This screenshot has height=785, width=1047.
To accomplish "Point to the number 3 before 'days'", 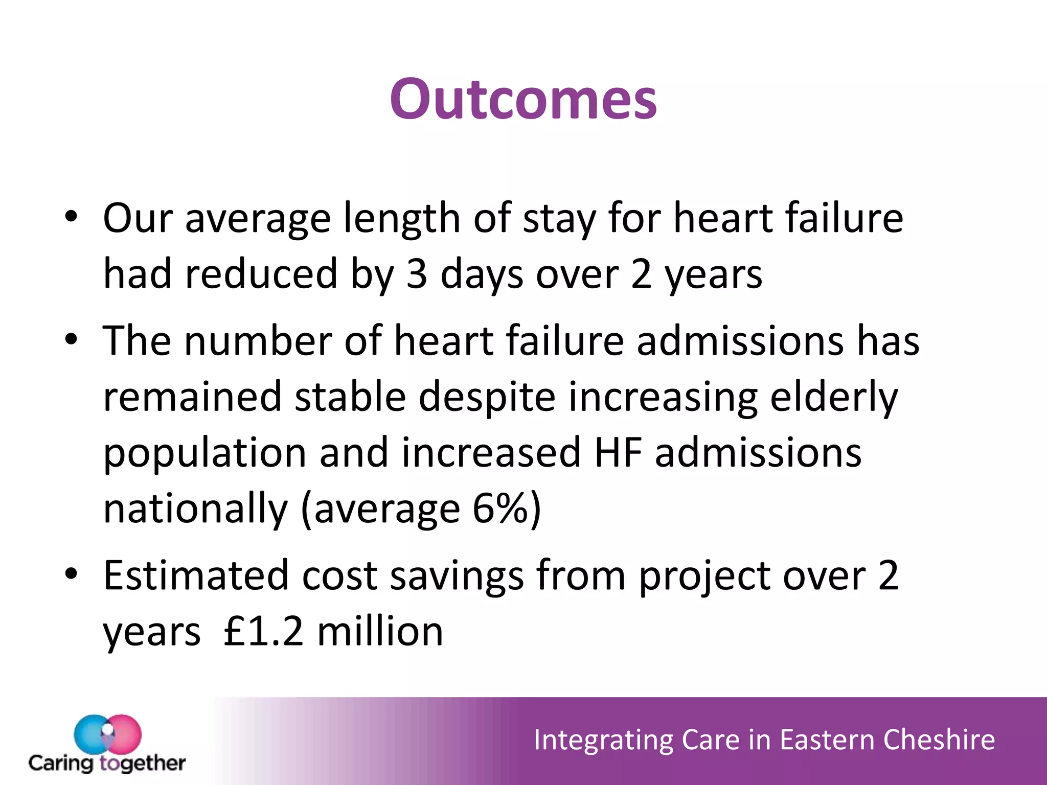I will (417, 274).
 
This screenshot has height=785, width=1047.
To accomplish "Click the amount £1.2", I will (263, 632).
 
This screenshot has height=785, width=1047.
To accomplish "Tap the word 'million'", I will (380, 632).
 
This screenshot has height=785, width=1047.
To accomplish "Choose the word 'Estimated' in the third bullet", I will (196, 576).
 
